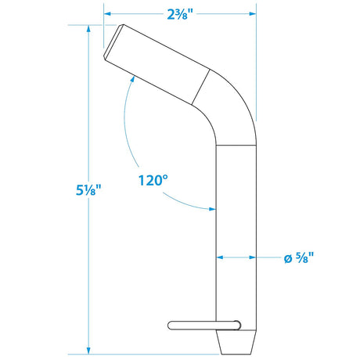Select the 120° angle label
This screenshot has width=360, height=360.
[153, 179]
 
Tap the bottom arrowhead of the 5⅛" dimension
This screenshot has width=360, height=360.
[88, 351]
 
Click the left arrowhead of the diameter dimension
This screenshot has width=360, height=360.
[220, 256]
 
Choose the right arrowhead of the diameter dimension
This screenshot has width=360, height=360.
[252, 256]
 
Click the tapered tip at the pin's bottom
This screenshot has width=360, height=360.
[236, 342]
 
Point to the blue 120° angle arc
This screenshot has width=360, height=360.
[128, 141]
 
